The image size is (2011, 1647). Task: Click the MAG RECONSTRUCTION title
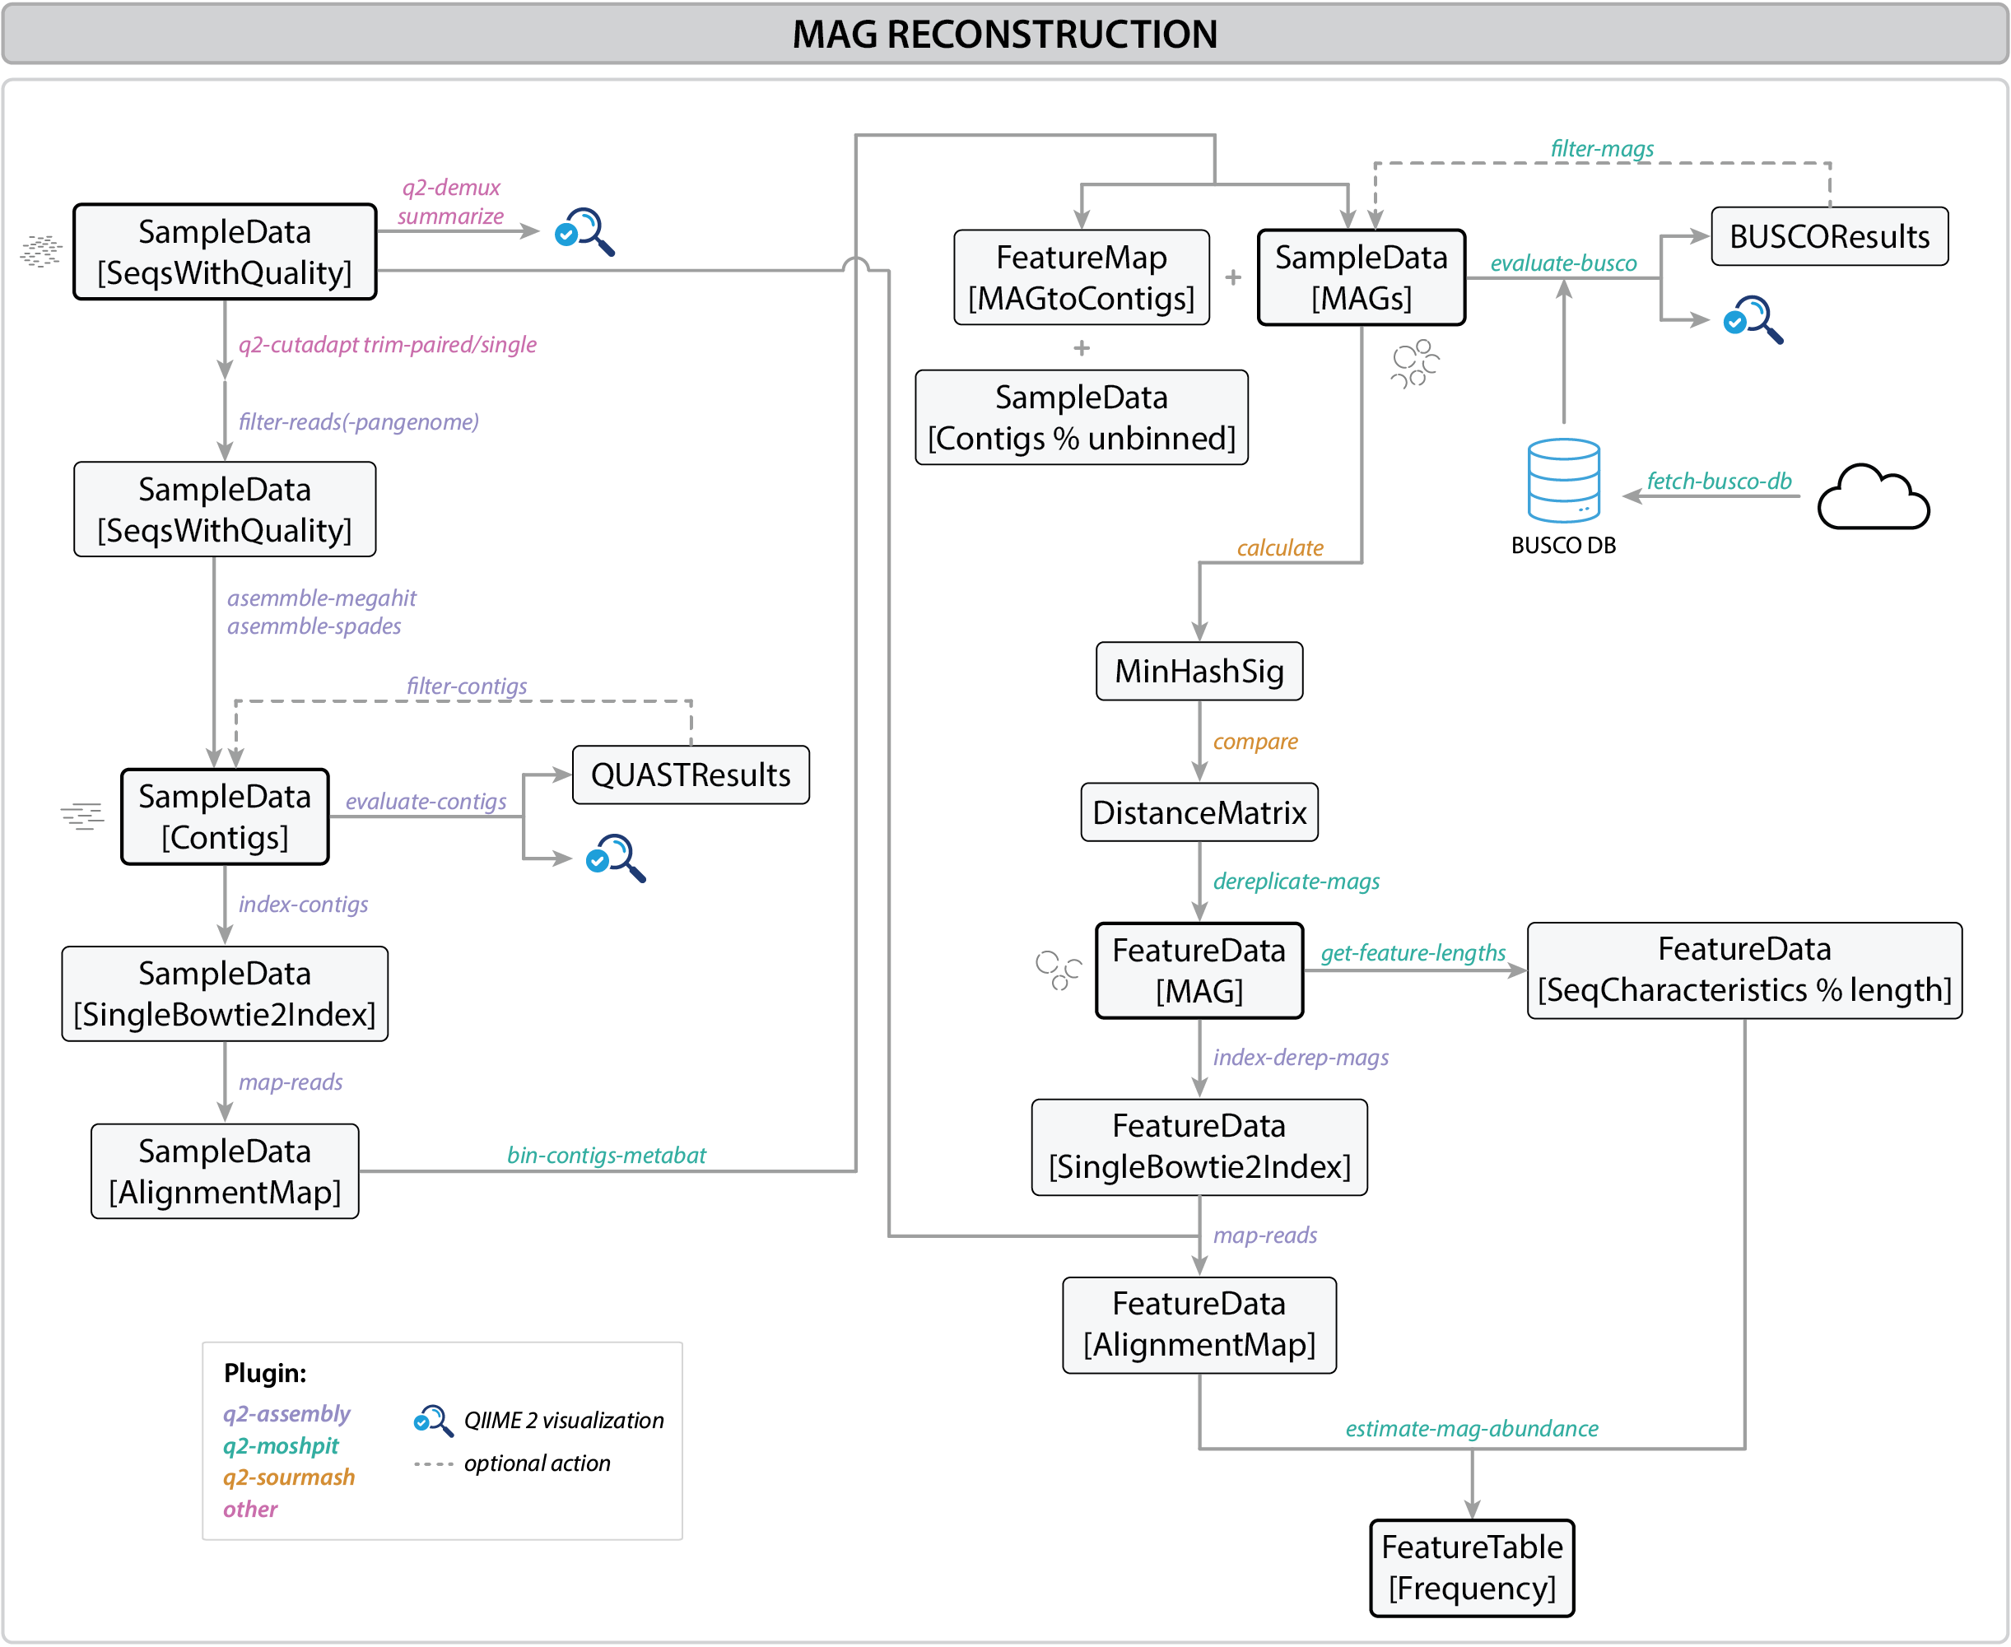[1004, 34]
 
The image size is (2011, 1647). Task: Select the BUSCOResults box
[1828, 236]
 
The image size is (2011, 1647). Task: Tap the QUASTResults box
[691, 775]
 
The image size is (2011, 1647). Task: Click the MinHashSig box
[1199, 672]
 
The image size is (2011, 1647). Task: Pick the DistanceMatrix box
[1199, 813]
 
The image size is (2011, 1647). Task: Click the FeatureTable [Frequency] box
[1471, 1567]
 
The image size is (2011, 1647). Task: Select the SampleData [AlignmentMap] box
[225, 1172]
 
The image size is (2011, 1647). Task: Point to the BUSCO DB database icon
[1563, 480]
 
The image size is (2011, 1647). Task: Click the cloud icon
[1873, 497]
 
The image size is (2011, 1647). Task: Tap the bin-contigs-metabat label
[606, 1156]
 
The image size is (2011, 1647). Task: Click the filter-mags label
[1601, 149]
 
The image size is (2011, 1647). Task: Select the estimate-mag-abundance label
[1471, 1429]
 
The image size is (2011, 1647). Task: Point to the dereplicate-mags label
[1296, 882]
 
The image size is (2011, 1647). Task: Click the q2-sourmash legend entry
[288, 1478]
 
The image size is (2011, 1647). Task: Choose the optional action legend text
[537, 1464]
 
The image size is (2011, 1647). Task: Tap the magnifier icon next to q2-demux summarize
[584, 231]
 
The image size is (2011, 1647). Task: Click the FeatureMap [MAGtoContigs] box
[1082, 277]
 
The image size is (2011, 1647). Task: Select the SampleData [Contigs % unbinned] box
[1082, 417]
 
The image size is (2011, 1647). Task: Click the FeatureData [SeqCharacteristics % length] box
[1743, 970]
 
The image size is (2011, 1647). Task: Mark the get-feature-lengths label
[1413, 952]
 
